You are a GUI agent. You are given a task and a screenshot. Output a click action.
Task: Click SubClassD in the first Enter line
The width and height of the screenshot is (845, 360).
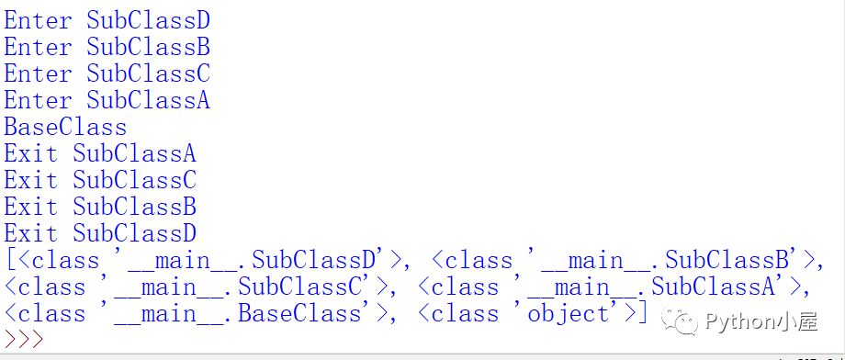(x=148, y=20)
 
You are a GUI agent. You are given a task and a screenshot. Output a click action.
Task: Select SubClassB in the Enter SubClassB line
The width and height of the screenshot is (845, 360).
(x=148, y=47)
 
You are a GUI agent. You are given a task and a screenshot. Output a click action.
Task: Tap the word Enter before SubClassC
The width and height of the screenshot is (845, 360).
(x=38, y=73)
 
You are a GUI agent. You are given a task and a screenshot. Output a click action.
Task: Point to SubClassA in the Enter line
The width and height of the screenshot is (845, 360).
(x=148, y=100)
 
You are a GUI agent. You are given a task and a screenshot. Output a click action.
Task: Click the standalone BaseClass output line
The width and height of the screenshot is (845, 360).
(x=65, y=127)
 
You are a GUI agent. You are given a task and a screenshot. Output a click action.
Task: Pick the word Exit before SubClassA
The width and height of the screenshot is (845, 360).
(x=30, y=153)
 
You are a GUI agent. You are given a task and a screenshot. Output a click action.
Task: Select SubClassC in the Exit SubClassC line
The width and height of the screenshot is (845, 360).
(x=135, y=179)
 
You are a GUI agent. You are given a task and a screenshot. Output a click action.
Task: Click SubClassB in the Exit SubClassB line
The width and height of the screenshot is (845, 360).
(x=135, y=207)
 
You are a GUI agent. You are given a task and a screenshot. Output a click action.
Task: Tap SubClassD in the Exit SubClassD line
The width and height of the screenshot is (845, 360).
(x=135, y=233)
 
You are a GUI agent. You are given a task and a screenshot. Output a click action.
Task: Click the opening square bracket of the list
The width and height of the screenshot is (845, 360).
(x=11, y=260)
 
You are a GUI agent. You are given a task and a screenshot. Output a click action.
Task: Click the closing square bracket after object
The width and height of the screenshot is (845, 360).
(x=641, y=313)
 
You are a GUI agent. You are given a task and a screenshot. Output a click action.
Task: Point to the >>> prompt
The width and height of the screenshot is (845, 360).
(x=24, y=340)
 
